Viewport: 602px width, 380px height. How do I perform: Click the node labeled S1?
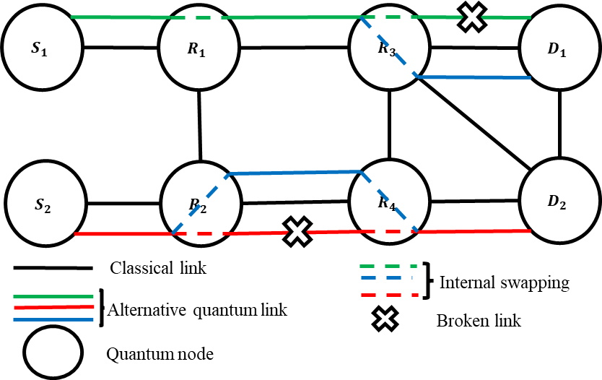coord(42,48)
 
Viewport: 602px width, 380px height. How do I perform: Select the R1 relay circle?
coord(199,48)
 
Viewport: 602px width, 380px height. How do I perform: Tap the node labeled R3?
coord(389,48)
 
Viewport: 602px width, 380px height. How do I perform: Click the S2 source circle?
coord(45,204)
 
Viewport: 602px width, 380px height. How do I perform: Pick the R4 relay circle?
coord(389,202)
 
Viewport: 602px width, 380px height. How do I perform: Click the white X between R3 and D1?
coord(472,17)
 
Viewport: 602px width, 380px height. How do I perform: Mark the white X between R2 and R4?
coord(297,232)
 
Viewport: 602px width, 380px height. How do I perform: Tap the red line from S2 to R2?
coord(123,234)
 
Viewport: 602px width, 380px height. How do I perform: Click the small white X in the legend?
coord(385,319)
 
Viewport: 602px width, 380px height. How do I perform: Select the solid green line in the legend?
coord(53,296)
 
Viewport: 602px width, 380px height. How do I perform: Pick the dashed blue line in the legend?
coord(387,277)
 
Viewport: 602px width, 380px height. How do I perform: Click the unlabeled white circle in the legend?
coord(53,353)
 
